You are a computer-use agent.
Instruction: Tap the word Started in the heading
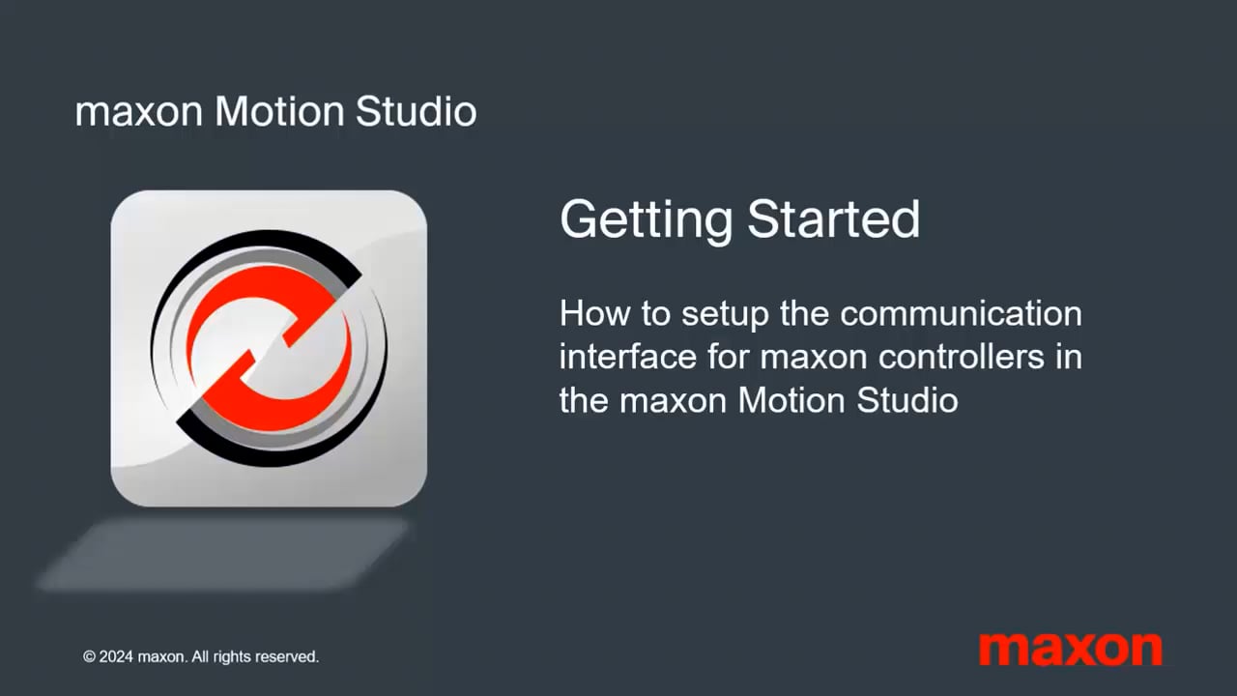coord(832,220)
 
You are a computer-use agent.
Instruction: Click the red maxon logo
coord(1070,648)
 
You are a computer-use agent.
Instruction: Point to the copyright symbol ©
coord(89,657)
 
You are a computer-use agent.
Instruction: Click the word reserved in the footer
coord(282,657)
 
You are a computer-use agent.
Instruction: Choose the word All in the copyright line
coord(199,657)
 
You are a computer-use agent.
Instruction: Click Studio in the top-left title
coord(416,112)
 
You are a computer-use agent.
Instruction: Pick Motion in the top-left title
coord(279,112)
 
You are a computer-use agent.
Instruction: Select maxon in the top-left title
coord(138,112)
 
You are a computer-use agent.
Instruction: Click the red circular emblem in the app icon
coord(269,348)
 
